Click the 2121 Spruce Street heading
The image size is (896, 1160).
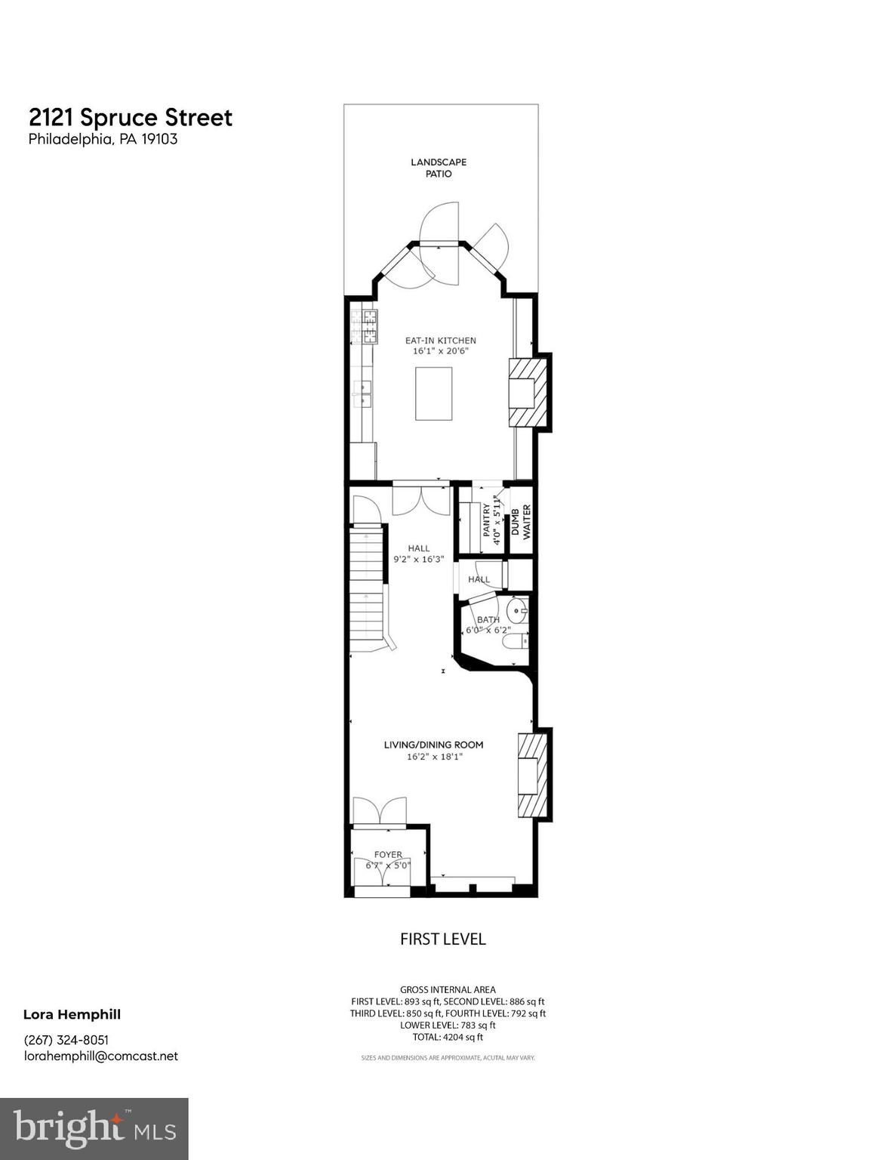pyautogui.click(x=131, y=118)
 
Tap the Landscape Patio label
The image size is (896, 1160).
pyautogui.click(x=439, y=168)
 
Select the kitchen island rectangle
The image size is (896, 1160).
pyautogui.click(x=433, y=393)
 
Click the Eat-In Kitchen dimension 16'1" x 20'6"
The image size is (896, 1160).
pyautogui.click(x=440, y=351)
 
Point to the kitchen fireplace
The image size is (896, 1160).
pyautogui.click(x=528, y=393)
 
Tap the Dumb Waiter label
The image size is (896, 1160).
pyautogui.click(x=522, y=520)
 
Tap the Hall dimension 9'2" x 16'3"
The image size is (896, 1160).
pyautogui.click(x=419, y=560)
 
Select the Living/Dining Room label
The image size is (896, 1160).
pyautogui.click(x=433, y=745)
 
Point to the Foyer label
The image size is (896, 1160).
pyautogui.click(x=388, y=855)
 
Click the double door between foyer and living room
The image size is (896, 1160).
pyautogui.click(x=379, y=811)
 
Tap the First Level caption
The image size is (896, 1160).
pyautogui.click(x=442, y=939)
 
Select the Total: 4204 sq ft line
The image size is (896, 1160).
pyautogui.click(x=448, y=1037)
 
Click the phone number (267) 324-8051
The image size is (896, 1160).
pyautogui.click(x=66, y=1039)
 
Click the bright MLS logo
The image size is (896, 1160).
pyautogui.click(x=94, y=1128)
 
